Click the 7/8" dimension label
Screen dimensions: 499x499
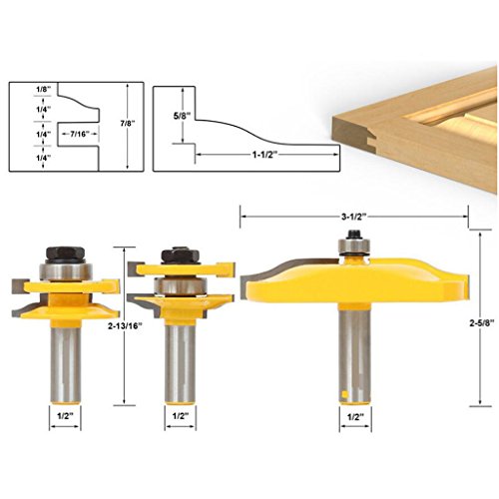point(128,123)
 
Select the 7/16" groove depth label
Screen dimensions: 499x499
point(81,134)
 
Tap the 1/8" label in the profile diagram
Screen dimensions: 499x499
point(43,89)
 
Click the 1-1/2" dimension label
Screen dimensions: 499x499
point(265,155)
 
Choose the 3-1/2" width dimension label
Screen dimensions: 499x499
point(353,217)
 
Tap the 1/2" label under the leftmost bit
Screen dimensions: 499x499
point(65,416)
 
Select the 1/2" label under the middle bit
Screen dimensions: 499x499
point(181,416)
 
